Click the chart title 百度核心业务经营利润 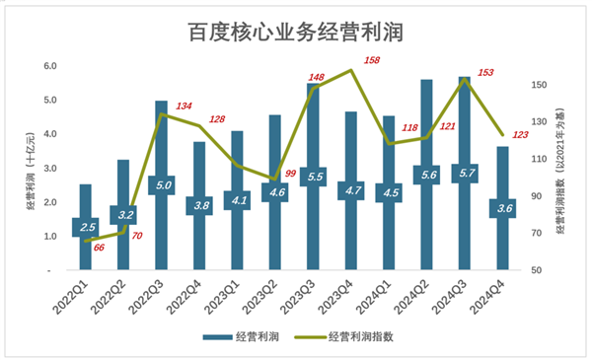click(x=296, y=33)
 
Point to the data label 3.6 click(x=501, y=208)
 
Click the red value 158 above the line click(x=372, y=61)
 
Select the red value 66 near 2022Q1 click(x=99, y=248)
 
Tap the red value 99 click(x=290, y=175)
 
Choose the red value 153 click(x=485, y=72)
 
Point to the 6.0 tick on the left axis click(x=49, y=66)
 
